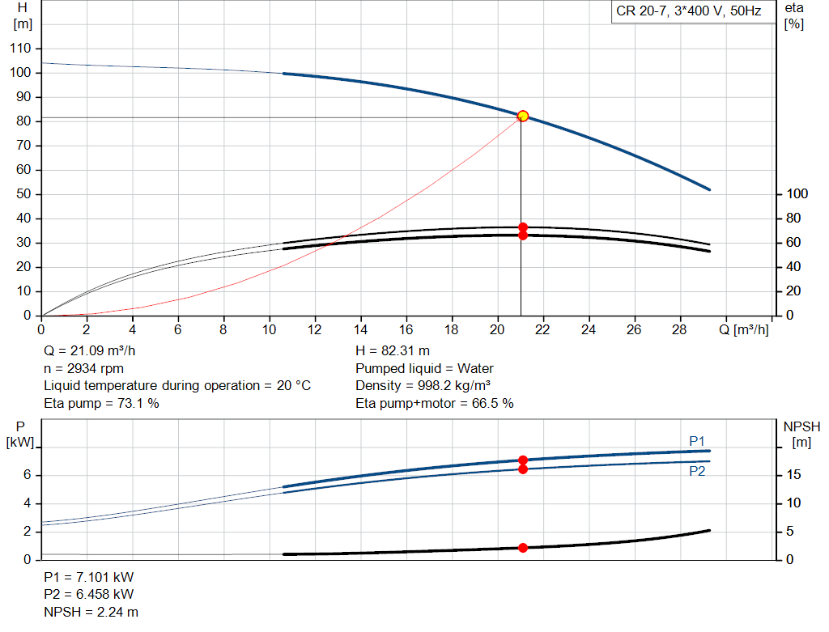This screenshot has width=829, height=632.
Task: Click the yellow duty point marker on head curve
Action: pos(523,116)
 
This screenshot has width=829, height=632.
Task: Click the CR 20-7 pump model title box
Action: pos(689,12)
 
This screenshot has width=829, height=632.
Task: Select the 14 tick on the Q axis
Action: pos(361,329)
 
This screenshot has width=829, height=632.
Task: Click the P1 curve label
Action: pos(697,440)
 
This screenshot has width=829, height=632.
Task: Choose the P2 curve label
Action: pos(697,471)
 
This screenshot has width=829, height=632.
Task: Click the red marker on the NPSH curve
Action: pos(523,548)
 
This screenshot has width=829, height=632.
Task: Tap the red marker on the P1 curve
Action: pos(523,460)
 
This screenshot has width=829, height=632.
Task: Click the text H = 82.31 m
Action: pos(393,351)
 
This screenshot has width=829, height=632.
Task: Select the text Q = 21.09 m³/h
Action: pos(90,351)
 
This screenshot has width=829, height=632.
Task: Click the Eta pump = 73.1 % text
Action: pos(101,403)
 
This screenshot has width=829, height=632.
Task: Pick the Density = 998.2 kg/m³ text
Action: pos(423,385)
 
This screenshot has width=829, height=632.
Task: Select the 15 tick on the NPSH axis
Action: pos(794,475)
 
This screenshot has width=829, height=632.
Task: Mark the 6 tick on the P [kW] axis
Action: pos(27,475)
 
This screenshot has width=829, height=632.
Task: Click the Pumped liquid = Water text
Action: pos(424,368)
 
